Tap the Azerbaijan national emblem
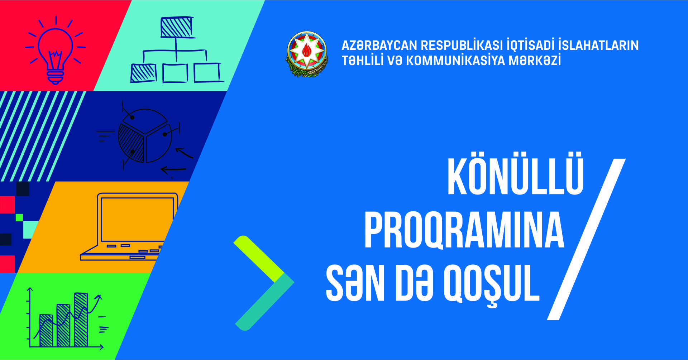307,54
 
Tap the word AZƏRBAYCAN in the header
379,45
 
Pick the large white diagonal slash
587,239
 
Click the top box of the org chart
176,27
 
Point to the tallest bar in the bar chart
81,320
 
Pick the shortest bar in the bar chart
46,331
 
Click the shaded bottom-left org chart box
143,73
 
